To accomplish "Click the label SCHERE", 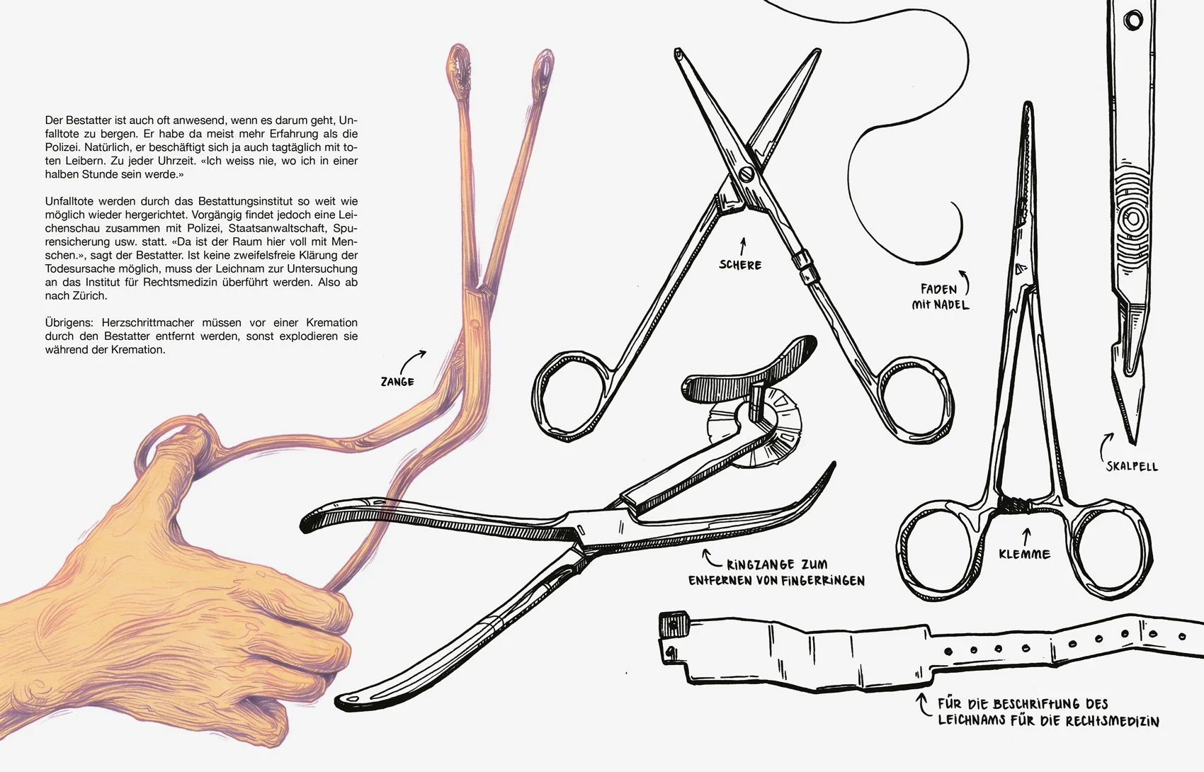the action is [740, 264].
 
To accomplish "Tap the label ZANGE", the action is [397, 382].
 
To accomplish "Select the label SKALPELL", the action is [1132, 466].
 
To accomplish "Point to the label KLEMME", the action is [1025, 554].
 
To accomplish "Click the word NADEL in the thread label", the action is [951, 305].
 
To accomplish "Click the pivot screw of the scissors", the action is [746, 174].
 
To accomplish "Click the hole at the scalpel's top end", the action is [1134, 21].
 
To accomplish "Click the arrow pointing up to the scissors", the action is [744, 246].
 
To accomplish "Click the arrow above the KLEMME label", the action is [1027, 535].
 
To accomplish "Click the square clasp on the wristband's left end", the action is [674, 624].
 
